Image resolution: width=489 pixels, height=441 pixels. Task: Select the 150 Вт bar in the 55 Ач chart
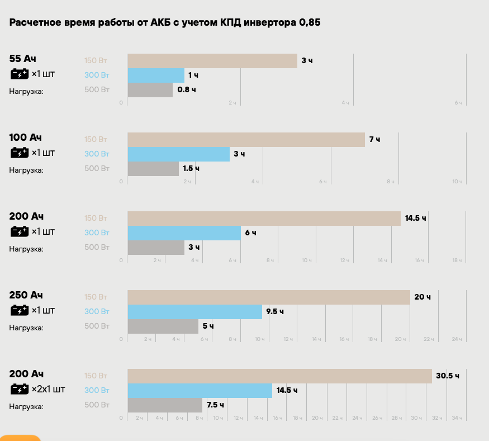tap(212, 61)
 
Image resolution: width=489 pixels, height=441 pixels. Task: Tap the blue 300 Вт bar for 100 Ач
tap(179, 154)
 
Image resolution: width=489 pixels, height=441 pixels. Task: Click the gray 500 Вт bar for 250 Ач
tap(163, 326)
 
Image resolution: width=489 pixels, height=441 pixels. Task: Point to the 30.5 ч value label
tap(448, 376)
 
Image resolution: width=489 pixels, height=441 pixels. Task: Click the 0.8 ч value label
tap(187, 90)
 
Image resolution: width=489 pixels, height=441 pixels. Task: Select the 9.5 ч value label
tap(275, 312)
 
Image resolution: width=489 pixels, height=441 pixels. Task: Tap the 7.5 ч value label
tap(215, 405)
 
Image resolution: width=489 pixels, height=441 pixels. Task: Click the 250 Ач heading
tap(26, 295)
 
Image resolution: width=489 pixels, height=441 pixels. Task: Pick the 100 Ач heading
tap(26, 137)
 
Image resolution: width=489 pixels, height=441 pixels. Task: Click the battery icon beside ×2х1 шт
tap(19, 389)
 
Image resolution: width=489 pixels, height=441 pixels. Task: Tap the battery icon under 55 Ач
tap(19, 74)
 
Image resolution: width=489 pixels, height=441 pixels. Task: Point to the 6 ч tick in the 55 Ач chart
tap(458, 103)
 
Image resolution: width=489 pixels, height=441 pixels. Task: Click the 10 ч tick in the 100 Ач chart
tap(457, 182)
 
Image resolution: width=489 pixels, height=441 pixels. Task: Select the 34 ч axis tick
tap(457, 418)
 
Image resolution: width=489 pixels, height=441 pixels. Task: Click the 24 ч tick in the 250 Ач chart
tap(457, 339)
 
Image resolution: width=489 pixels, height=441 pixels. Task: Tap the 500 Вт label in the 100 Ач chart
tap(97, 169)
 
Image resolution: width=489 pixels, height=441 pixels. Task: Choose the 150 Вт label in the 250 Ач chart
tap(97, 297)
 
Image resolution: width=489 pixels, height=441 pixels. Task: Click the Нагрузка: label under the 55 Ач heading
tap(26, 91)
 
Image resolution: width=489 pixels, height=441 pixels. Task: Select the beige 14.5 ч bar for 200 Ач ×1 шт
tap(264, 219)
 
